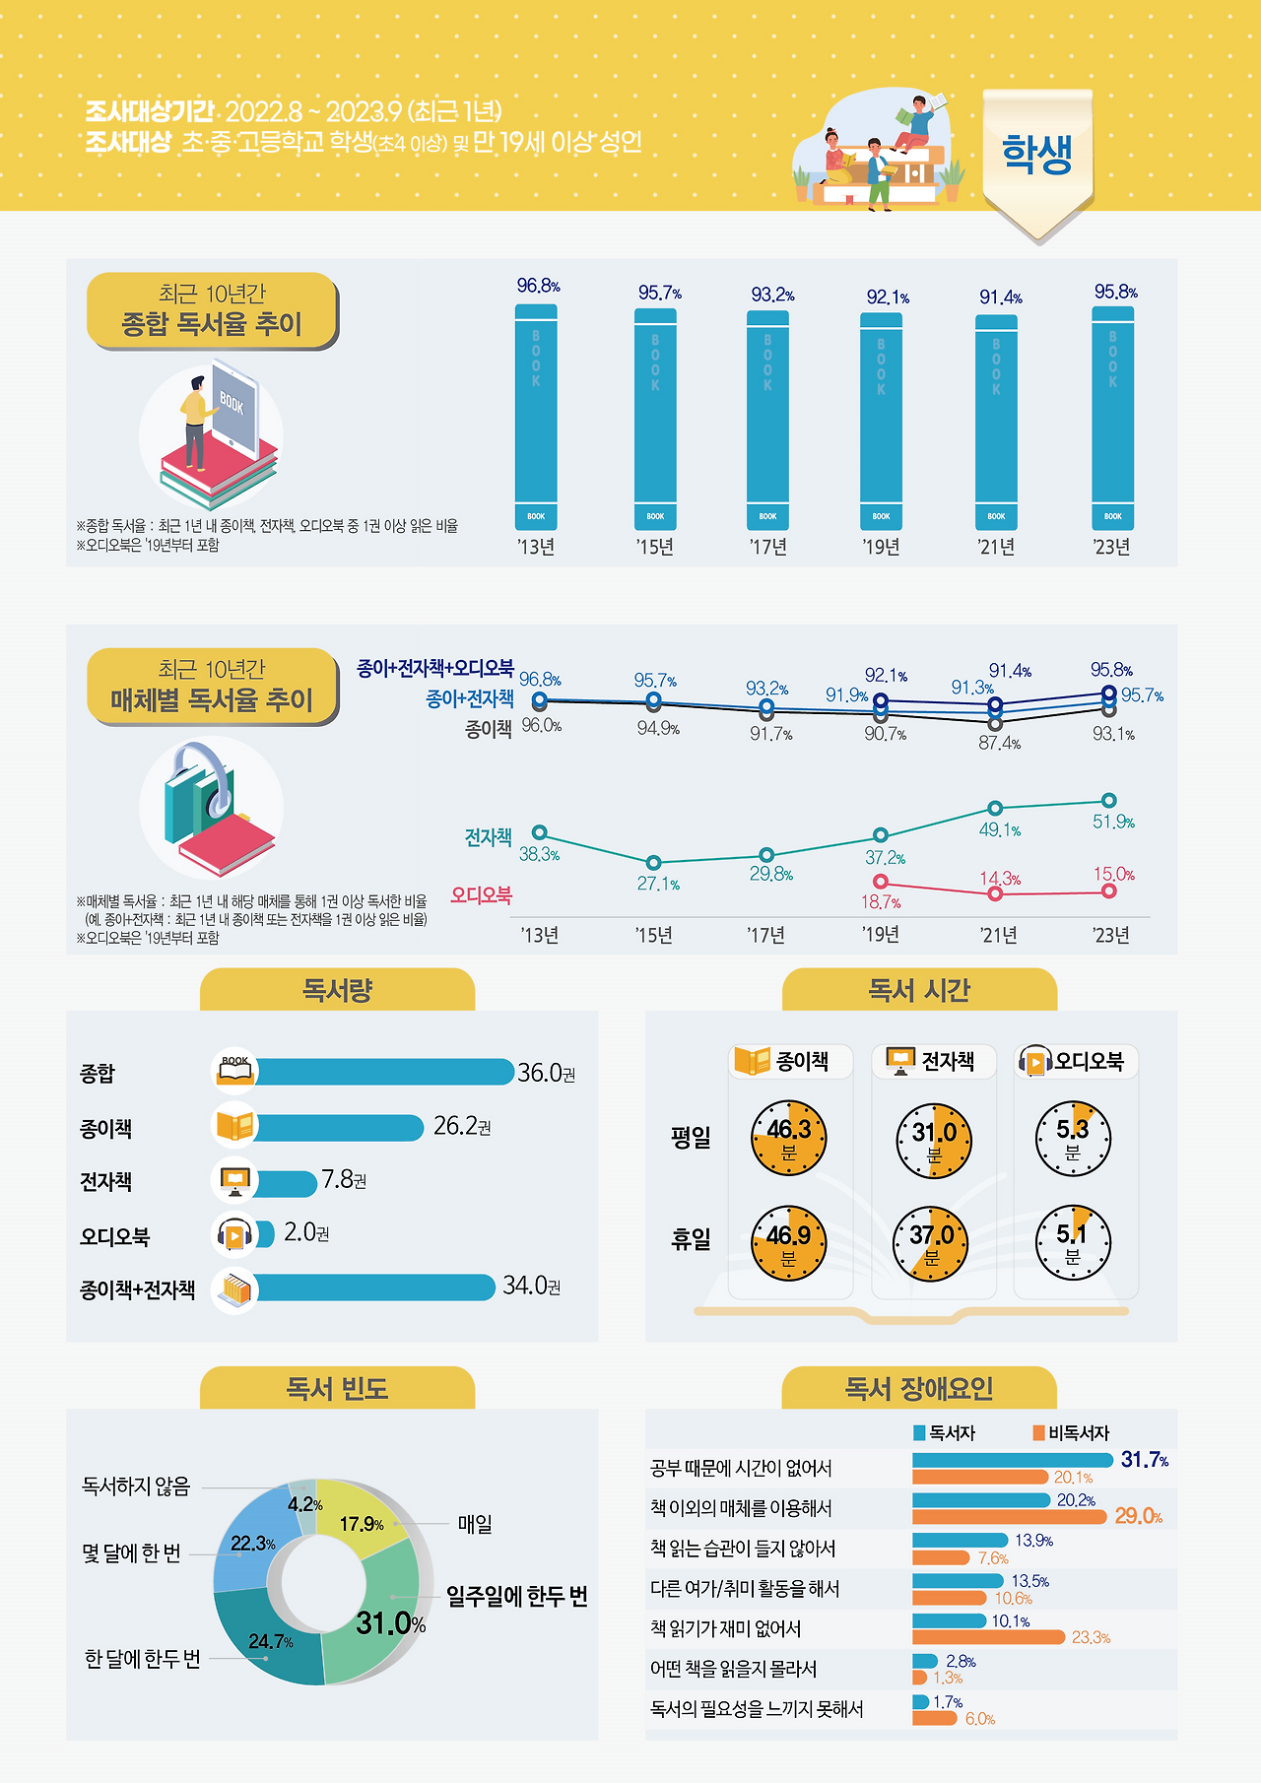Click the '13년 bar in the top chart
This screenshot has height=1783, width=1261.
(536, 417)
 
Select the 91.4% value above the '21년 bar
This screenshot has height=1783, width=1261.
(1000, 297)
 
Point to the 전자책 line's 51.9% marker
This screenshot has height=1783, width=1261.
(1109, 800)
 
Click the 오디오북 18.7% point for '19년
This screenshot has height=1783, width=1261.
(881, 882)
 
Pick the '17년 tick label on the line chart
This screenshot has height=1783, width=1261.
(765, 935)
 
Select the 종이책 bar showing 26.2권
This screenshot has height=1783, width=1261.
(340, 1127)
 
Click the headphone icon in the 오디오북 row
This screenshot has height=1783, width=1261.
(234, 1234)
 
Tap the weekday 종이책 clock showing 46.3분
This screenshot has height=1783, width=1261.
(788, 1138)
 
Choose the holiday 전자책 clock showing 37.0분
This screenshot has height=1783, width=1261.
(931, 1243)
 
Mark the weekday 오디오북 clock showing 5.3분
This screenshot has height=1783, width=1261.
(1073, 1138)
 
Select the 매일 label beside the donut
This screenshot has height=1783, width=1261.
(475, 1524)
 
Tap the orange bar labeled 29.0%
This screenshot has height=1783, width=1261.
(1009, 1517)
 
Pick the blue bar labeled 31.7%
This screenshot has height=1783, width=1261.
(1012, 1460)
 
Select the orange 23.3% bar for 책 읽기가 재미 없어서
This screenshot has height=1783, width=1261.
(988, 1637)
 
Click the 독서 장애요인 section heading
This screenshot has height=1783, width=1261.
(918, 1389)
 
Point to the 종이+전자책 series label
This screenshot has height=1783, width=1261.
(470, 698)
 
